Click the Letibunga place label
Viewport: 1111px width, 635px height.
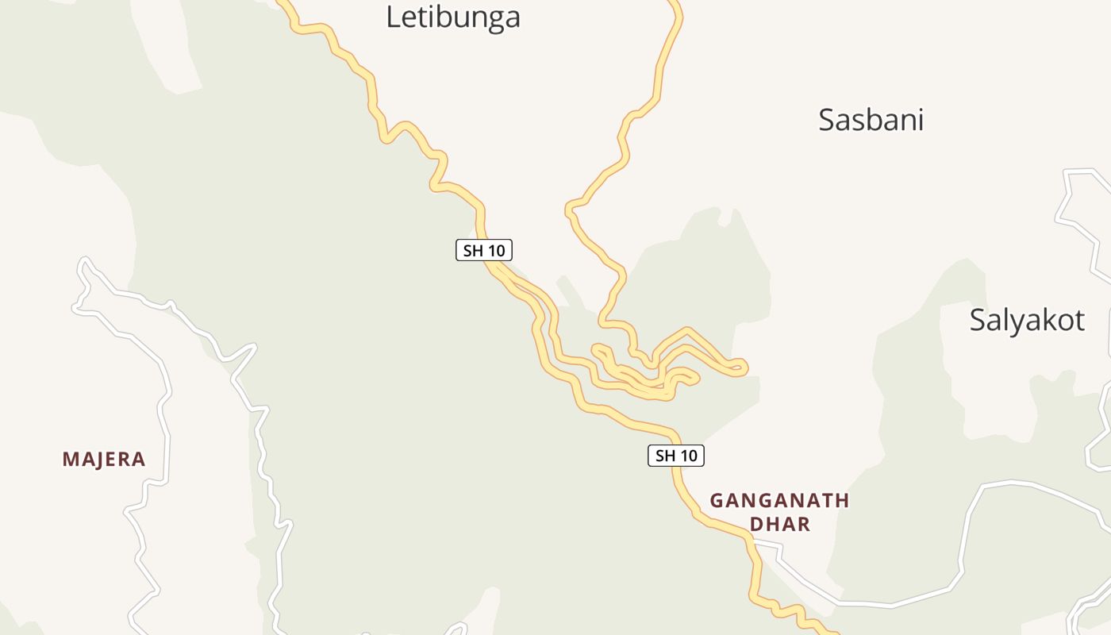[x=452, y=17]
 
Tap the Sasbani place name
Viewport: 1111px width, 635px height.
[x=871, y=120]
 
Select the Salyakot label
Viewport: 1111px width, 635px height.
[x=1026, y=320]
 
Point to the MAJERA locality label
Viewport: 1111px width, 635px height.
[x=104, y=459]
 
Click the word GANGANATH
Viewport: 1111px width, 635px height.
[x=779, y=501]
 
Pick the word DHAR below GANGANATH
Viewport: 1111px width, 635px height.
[x=780, y=524]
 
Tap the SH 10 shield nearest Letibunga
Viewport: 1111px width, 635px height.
[x=484, y=251]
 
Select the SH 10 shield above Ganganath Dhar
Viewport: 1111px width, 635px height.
[x=675, y=456]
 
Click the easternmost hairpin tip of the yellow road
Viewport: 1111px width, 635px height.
[x=743, y=367]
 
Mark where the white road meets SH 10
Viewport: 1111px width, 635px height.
[x=751, y=541]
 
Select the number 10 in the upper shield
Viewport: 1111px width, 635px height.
[x=495, y=251]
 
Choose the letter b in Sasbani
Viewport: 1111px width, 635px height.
[x=873, y=120]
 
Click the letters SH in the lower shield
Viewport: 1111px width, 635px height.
[x=665, y=456]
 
